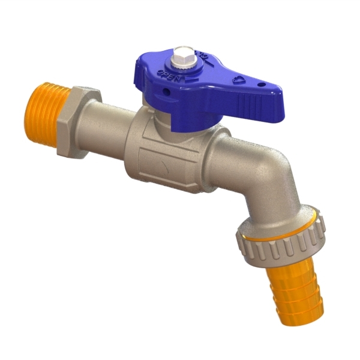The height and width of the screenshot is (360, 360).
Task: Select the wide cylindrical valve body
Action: tap(168, 156)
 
